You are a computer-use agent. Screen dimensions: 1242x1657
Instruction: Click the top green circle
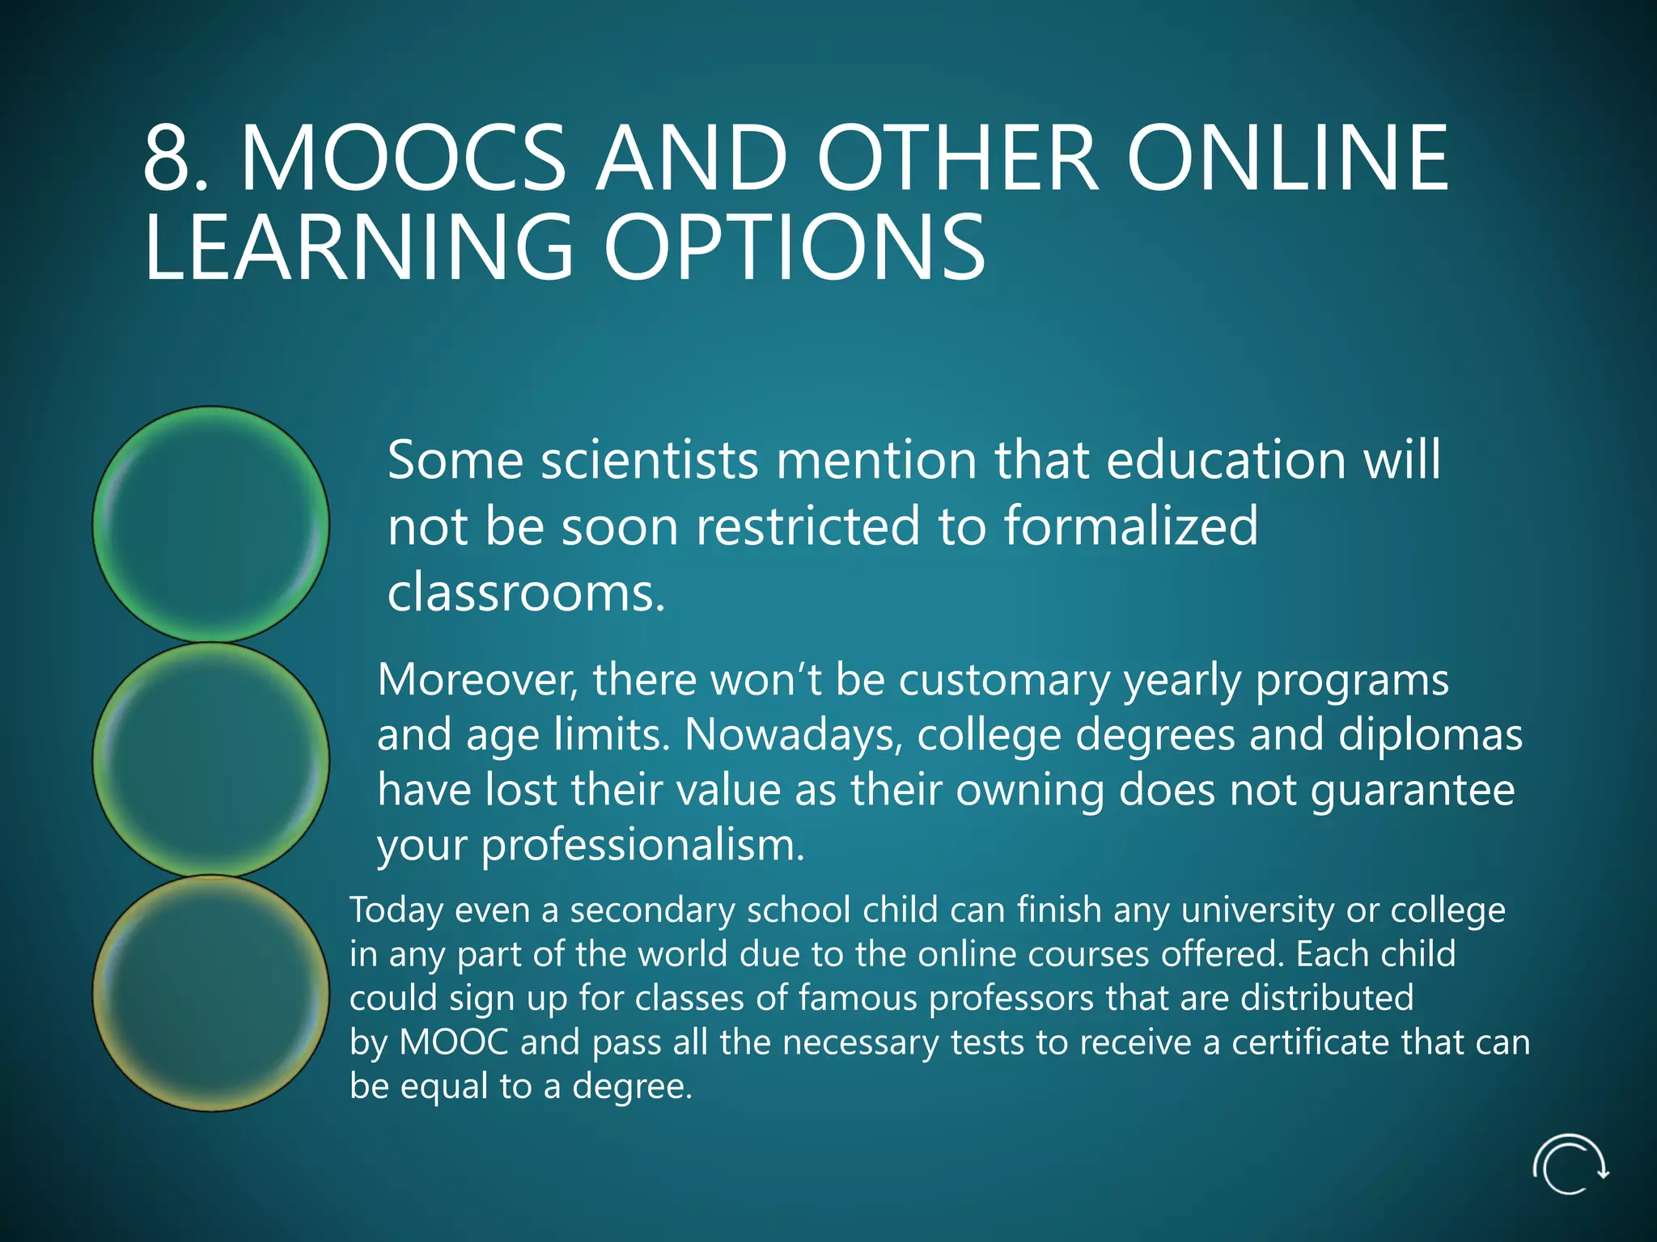point(211,524)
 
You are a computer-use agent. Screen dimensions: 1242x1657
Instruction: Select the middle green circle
point(211,759)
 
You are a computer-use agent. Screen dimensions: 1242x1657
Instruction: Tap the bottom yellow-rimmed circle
point(211,993)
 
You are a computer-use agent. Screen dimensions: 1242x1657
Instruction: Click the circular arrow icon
point(1570,1164)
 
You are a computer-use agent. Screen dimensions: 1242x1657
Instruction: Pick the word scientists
point(650,460)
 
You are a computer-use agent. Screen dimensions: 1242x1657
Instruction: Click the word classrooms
point(525,593)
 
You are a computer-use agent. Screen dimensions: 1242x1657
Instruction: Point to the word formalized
point(1130,526)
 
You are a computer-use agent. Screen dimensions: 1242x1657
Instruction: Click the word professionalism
point(642,846)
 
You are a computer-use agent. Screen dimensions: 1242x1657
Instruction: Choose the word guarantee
point(1412,790)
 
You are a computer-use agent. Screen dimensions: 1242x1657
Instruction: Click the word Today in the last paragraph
point(396,910)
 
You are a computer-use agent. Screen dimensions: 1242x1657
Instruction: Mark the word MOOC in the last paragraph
point(454,1042)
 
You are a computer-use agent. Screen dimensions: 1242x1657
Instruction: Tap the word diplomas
point(1430,735)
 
